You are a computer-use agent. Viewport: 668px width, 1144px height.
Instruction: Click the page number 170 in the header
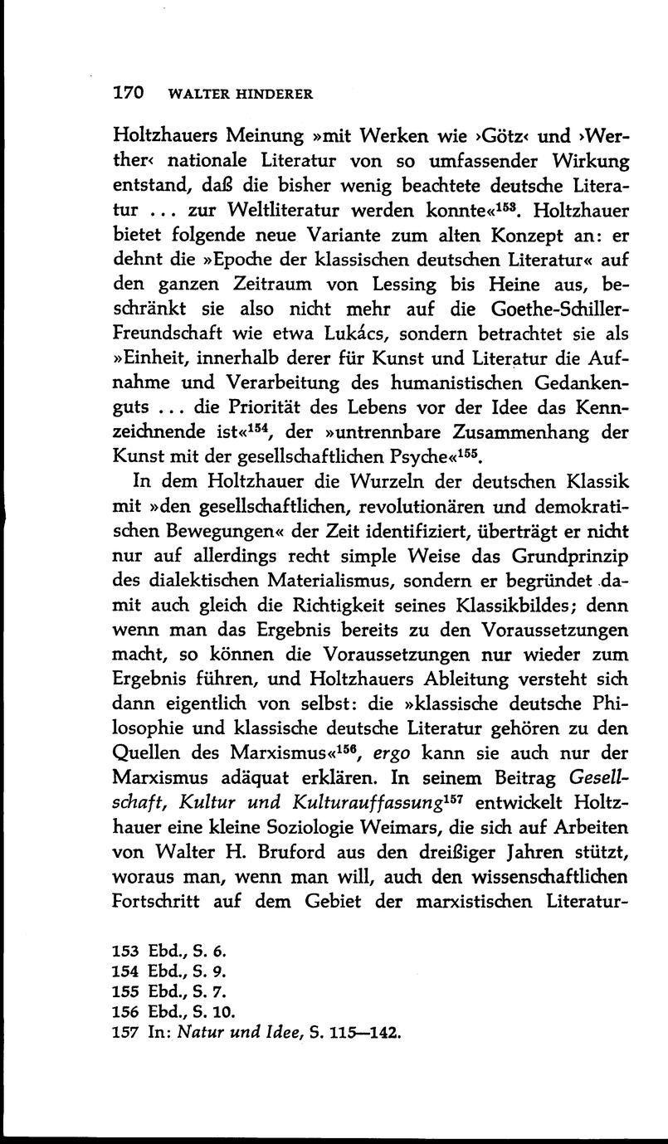(129, 92)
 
